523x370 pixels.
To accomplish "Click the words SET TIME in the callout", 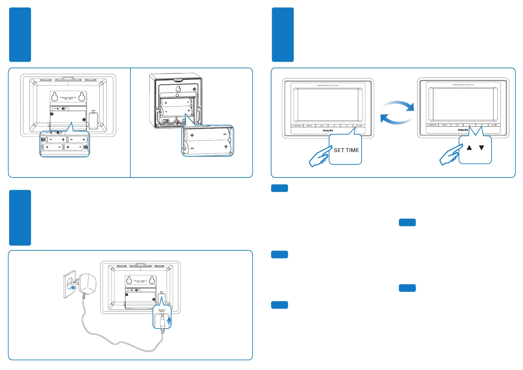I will click(346, 150).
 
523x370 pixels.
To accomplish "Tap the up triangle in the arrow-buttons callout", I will click(469, 148).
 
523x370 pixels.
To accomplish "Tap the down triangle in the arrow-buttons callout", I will click(481, 148).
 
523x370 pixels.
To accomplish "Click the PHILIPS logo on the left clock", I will click(328, 131).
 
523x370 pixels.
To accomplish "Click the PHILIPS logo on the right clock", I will click(463, 130).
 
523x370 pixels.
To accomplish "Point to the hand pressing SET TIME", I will click(319, 157).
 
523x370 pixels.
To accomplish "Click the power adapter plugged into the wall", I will click(88, 283).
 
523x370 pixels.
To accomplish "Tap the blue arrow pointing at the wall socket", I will click(74, 288).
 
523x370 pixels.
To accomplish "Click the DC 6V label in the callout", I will click(162, 311).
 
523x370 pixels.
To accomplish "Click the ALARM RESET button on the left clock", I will click(297, 126).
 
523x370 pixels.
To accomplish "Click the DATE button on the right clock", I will click(457, 125).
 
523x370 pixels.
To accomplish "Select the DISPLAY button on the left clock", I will click(309, 126).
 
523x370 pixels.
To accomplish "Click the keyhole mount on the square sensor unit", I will click(178, 89).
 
